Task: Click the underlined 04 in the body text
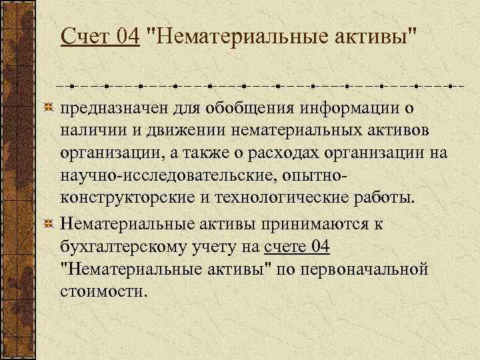tap(319, 247)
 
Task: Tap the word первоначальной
tap(377, 270)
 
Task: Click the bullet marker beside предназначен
tap(48, 107)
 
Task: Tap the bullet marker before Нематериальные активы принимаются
tap(48, 223)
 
